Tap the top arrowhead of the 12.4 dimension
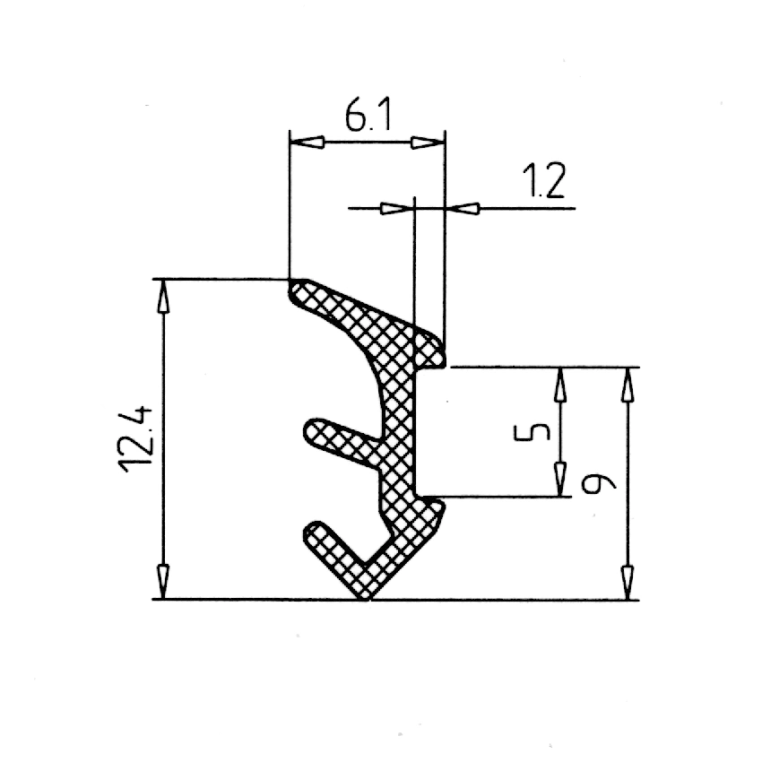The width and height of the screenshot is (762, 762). [x=163, y=296]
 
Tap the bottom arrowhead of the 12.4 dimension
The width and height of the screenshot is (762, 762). [x=163, y=582]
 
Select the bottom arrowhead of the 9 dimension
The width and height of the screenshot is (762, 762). [x=628, y=582]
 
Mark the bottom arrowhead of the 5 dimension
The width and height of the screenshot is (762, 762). [x=562, y=477]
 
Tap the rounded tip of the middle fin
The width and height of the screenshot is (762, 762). [x=309, y=433]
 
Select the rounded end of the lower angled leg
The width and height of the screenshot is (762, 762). [x=312, y=532]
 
